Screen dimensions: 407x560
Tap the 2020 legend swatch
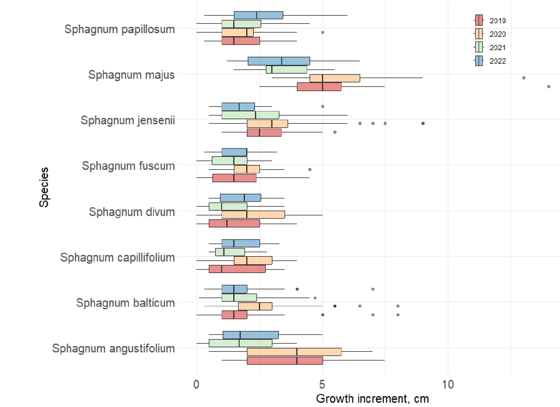coord(479,34)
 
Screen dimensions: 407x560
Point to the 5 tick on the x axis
coord(322,384)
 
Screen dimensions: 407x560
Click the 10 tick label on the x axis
coord(448,384)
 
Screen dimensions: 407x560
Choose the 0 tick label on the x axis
coord(196,384)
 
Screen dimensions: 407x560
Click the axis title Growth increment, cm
coord(372,399)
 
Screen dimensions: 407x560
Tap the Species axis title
coord(44,187)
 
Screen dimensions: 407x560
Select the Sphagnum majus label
coord(131,75)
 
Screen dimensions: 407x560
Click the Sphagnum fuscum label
coord(128,166)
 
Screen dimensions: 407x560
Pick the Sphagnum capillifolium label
coord(117,257)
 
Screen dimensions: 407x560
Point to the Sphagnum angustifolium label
coord(113,348)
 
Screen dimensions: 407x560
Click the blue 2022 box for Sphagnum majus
coord(279,61)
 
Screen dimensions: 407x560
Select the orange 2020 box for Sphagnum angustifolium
coord(294,352)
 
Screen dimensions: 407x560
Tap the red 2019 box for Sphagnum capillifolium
coord(237,269)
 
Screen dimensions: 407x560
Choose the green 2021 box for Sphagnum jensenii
coord(250,115)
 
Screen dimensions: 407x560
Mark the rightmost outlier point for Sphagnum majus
coord(549,87)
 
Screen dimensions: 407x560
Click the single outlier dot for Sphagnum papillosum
coord(323,32)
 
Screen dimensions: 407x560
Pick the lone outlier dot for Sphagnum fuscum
coord(310,170)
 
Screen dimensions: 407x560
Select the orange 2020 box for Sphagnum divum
coord(253,215)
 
